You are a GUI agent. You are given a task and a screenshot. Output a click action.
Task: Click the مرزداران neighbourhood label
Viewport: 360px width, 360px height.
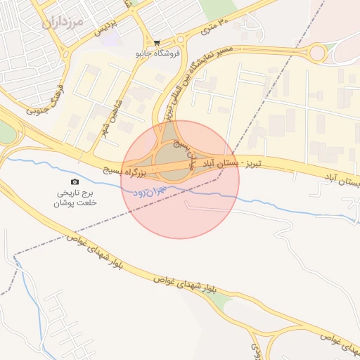click(x=63, y=21)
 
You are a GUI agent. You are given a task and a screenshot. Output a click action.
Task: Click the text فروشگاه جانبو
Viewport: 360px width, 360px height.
click(x=159, y=53)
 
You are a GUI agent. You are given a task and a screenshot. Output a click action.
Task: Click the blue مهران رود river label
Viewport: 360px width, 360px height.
click(x=148, y=189)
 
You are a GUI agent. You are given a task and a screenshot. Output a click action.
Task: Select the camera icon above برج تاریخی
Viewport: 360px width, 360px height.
click(x=75, y=182)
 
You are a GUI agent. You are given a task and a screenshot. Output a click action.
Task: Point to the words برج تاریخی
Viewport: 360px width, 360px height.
click(x=75, y=192)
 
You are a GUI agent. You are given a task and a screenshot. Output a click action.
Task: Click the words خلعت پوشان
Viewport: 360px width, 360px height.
click(x=75, y=202)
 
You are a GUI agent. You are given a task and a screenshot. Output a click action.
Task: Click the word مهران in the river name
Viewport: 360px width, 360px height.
click(x=159, y=188)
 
